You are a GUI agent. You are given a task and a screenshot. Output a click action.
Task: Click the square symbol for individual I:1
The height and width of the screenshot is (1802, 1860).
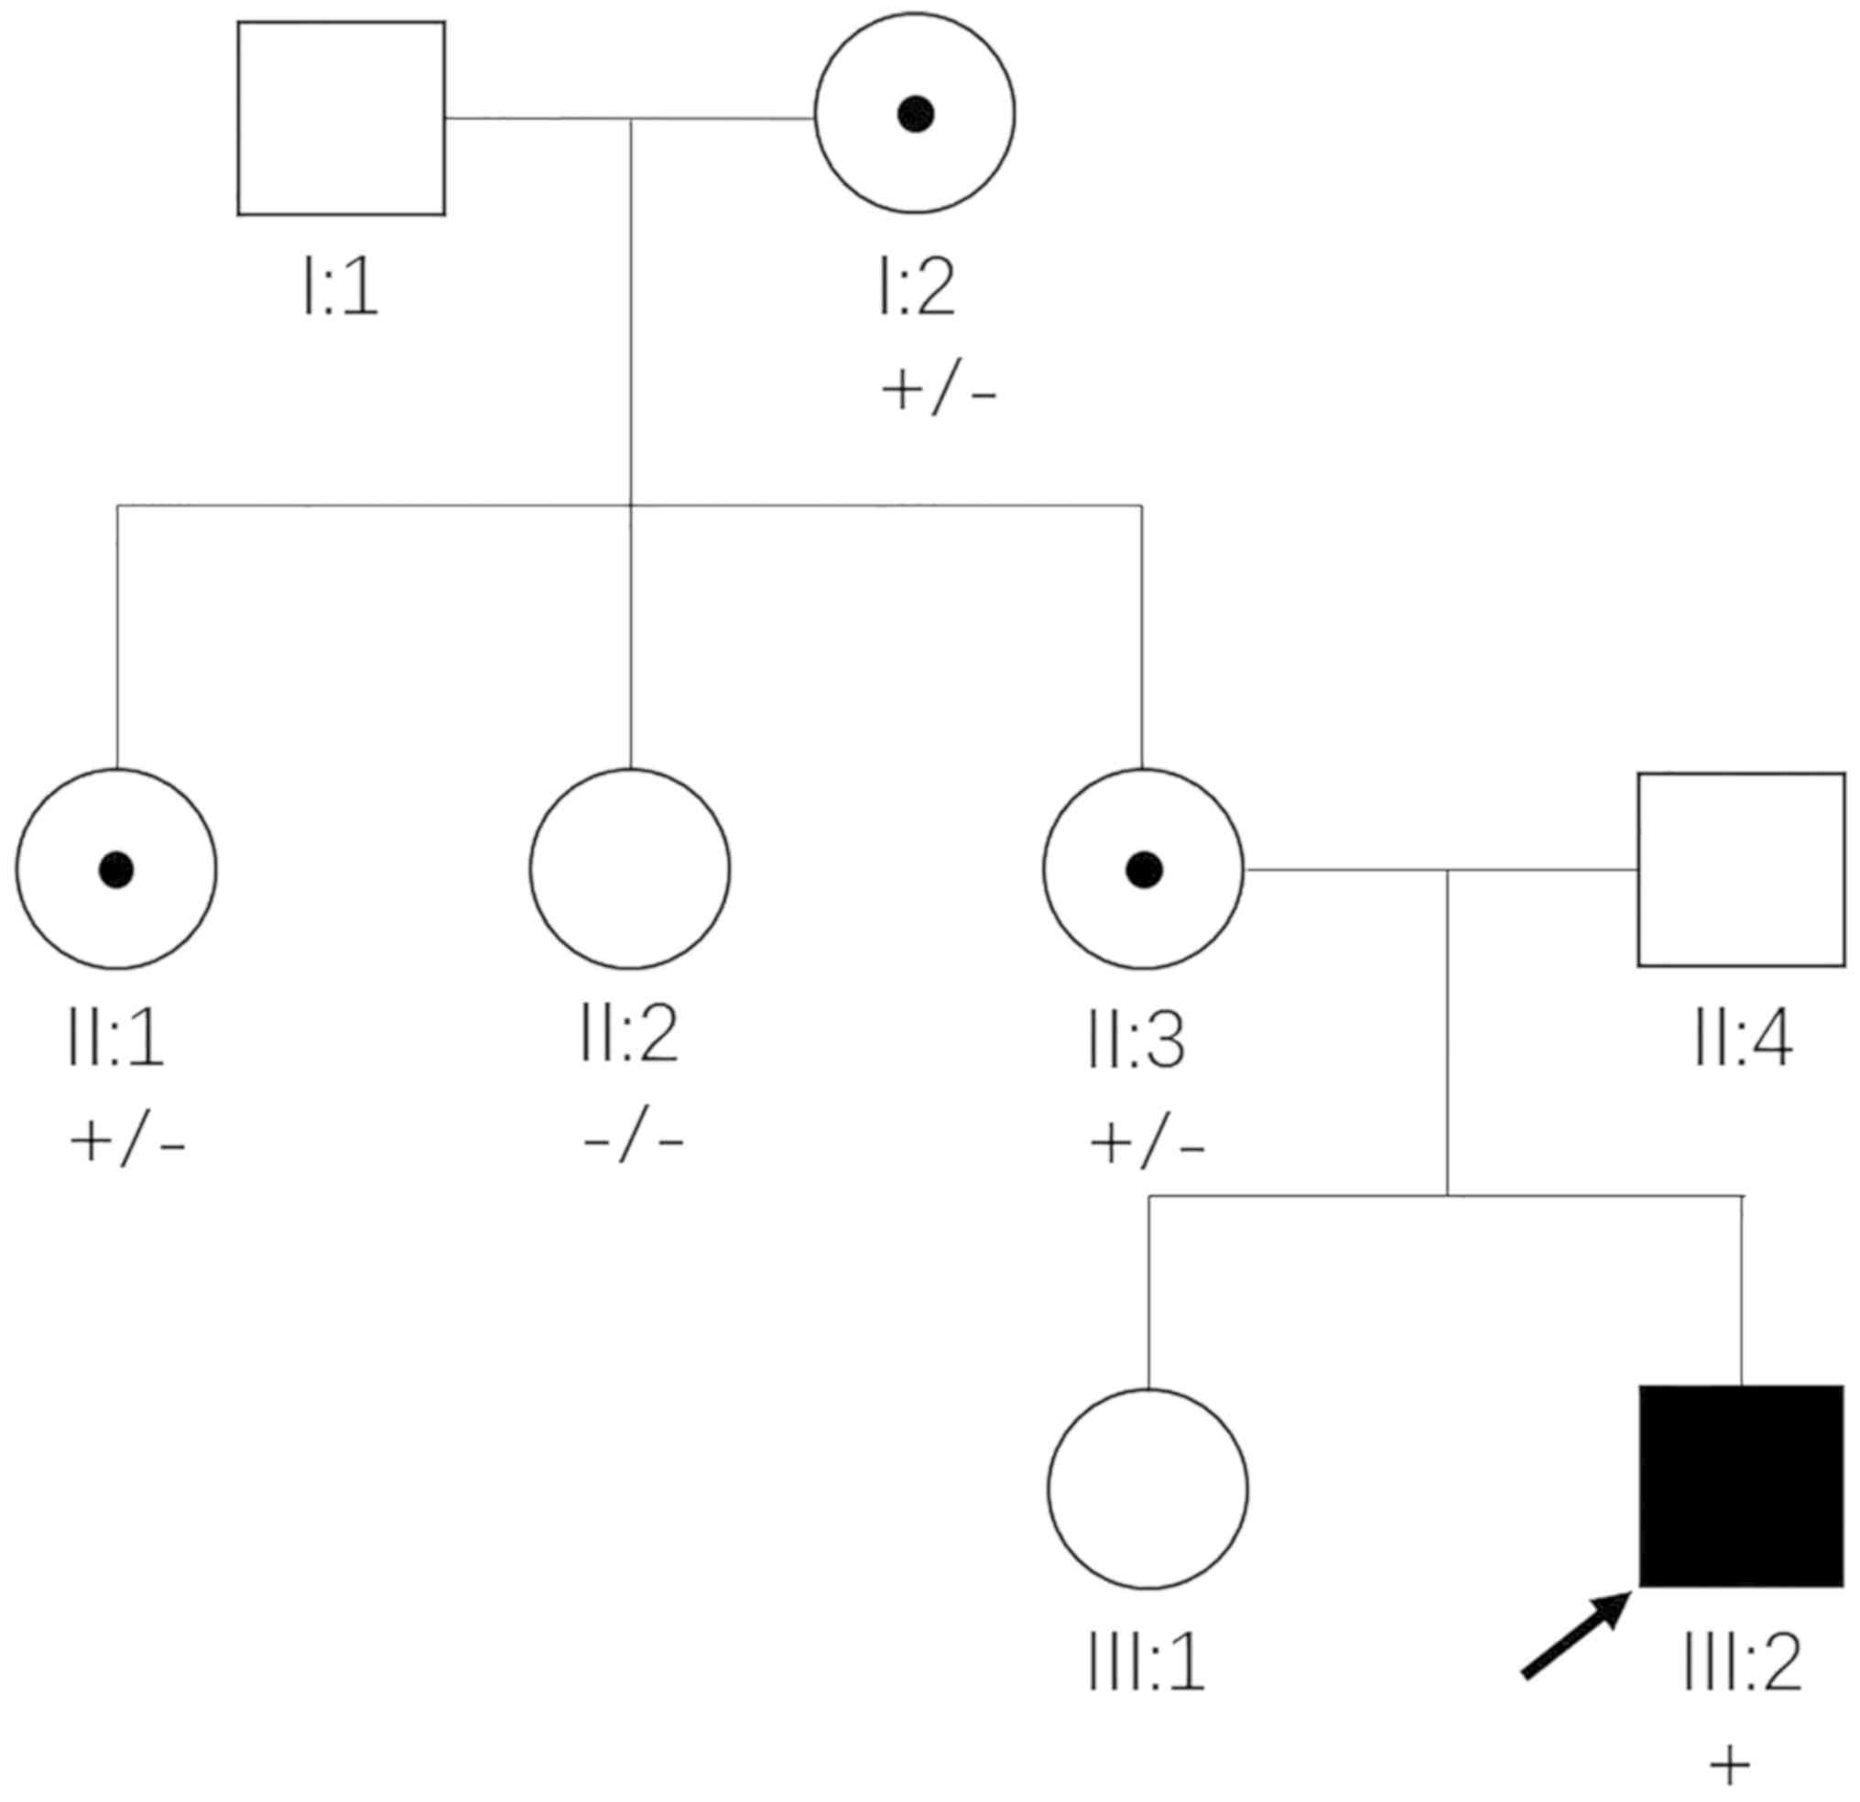click(341, 119)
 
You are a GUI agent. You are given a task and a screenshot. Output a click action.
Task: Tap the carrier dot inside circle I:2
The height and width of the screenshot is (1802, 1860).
click(916, 114)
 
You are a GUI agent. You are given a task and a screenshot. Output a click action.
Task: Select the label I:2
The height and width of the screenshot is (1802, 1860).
click(916, 288)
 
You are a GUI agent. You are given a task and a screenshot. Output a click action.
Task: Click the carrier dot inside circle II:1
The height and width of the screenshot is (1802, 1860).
click(116, 869)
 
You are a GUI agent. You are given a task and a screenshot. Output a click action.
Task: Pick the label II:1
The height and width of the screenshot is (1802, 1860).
click(115, 1039)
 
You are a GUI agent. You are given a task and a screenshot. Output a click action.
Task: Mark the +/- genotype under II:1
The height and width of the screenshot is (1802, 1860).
click(127, 1142)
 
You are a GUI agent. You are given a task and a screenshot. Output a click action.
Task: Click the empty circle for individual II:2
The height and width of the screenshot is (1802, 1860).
click(630, 869)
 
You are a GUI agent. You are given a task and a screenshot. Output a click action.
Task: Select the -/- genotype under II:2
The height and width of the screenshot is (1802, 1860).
click(633, 1142)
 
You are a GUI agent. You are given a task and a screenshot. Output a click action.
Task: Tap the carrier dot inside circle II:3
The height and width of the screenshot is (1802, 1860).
click(1144, 869)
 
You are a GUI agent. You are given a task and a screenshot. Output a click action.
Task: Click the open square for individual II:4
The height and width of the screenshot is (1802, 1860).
click(1741, 869)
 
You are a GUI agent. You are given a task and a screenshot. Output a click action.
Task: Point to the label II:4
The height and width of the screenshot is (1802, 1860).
click(1744, 1039)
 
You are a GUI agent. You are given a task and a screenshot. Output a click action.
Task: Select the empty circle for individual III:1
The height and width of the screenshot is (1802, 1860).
click(1148, 1489)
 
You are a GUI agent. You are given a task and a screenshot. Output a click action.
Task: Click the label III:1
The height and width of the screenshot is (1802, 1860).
click(1147, 1663)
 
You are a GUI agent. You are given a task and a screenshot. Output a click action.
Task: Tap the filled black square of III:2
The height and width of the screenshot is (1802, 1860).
click(1741, 1486)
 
